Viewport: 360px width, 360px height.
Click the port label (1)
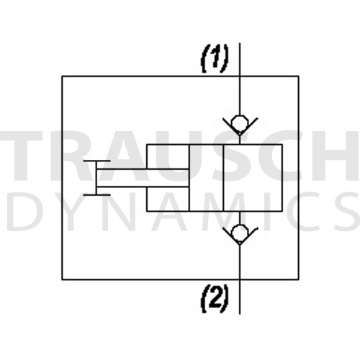[215, 59]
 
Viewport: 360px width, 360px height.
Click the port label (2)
[215, 299]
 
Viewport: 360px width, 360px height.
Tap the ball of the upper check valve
[240, 124]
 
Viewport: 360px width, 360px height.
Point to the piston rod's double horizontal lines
[143, 178]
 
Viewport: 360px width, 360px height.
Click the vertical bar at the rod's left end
[96, 178]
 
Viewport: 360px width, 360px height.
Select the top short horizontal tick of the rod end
[96, 161]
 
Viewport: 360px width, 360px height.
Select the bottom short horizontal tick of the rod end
[96, 195]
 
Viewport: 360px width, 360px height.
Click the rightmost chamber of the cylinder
[253, 178]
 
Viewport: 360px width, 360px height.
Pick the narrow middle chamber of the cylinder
[206, 178]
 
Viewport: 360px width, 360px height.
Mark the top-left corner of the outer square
[62, 76]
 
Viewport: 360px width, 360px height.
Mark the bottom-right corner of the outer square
[299, 279]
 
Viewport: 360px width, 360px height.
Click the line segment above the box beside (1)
[240, 60]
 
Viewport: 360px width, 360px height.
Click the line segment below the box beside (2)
[240, 297]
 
